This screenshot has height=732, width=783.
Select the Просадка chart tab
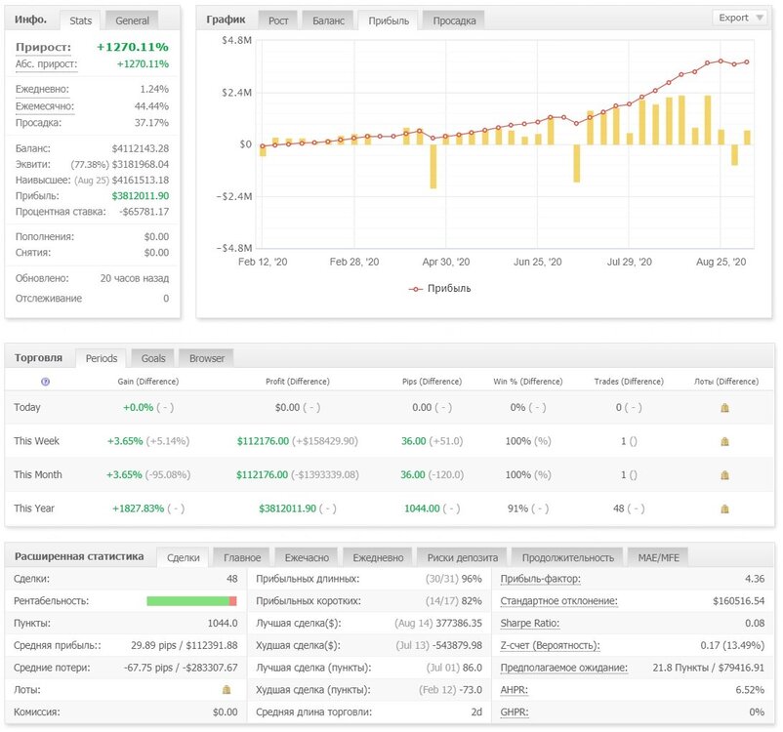click(x=454, y=20)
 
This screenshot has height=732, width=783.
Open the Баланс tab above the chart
click(x=328, y=20)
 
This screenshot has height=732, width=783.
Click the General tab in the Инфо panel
click(x=132, y=20)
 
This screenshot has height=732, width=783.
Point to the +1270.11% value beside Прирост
click(x=133, y=47)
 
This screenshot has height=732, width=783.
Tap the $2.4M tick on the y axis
click(x=236, y=93)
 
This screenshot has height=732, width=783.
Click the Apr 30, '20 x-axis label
click(x=446, y=262)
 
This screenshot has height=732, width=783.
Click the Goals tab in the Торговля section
click(x=153, y=358)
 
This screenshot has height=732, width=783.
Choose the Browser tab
click(x=207, y=358)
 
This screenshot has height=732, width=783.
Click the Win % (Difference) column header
click(x=528, y=382)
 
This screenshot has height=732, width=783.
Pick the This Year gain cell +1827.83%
click(x=138, y=508)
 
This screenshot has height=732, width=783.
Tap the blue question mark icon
click(x=46, y=382)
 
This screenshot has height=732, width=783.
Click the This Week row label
click(x=36, y=441)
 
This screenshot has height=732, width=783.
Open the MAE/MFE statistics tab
click(x=658, y=557)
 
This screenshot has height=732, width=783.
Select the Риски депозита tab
click(x=463, y=557)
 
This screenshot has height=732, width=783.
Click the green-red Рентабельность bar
click(x=191, y=600)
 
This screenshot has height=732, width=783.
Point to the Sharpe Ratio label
click(x=529, y=623)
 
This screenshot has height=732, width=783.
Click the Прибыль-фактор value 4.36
click(x=755, y=579)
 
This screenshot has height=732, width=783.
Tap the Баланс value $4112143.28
click(x=141, y=148)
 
